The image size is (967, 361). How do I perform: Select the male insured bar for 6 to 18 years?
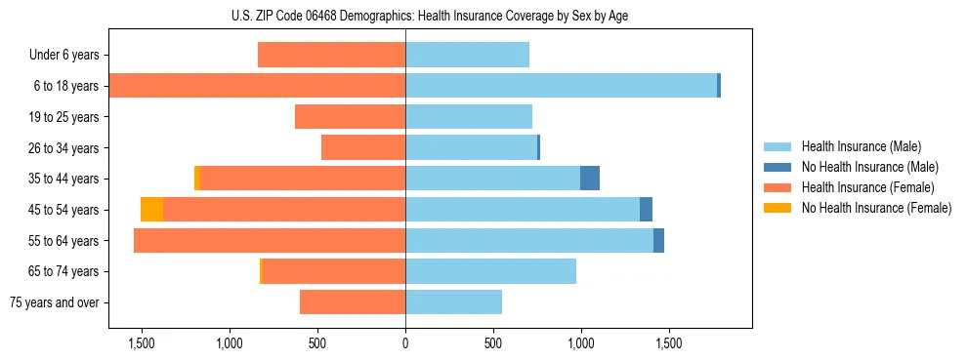pos(561,86)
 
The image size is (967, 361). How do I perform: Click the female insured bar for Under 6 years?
pos(331,55)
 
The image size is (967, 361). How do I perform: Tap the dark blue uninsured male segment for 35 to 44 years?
pos(590,179)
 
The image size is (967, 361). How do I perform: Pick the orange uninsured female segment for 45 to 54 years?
pos(151,210)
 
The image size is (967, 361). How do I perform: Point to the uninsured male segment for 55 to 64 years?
pos(658,241)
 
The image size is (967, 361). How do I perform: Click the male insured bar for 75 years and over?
pos(453,302)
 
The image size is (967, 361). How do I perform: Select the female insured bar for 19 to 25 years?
pos(350,117)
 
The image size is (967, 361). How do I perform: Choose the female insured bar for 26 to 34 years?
pos(363,147)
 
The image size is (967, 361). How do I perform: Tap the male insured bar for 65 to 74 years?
pos(490,271)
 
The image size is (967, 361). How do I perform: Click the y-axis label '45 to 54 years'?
pos(64,210)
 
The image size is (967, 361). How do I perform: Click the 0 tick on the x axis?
pos(405,343)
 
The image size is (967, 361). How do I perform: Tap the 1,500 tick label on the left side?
pos(142,343)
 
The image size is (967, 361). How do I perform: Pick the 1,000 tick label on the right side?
pos(581,343)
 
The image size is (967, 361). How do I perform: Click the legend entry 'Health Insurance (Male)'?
pos(861,146)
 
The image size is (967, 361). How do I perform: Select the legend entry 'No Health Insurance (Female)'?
pos(876,208)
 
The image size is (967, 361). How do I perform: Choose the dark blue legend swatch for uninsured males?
pos(778,167)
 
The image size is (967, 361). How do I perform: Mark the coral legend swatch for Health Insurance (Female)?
pos(778,187)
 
